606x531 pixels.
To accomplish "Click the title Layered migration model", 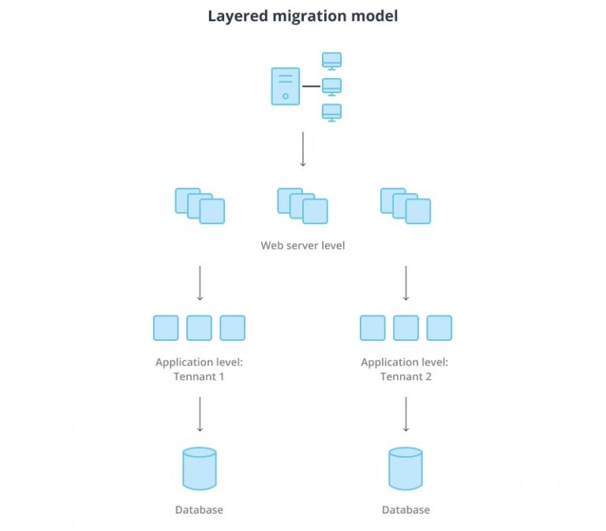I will click(x=303, y=16).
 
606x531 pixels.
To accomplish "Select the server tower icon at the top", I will click(x=285, y=86).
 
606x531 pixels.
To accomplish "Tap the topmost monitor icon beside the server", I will click(x=331, y=61).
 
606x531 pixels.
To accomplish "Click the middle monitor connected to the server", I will click(x=331, y=86).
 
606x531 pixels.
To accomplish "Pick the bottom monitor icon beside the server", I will click(x=331, y=112).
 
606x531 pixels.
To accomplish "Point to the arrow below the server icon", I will click(x=303, y=149).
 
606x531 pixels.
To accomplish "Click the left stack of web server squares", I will click(x=200, y=205).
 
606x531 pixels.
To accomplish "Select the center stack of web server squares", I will click(x=302, y=205).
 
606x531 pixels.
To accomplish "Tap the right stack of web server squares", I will click(x=406, y=205).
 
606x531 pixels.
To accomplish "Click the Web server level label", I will click(x=303, y=245).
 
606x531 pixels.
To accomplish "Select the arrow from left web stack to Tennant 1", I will click(x=200, y=282).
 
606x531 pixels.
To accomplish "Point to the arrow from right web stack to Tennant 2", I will click(x=406, y=282).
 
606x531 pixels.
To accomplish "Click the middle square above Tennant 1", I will click(x=199, y=327).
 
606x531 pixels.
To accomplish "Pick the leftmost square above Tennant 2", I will click(x=372, y=327).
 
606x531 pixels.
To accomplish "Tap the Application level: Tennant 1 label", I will click(x=199, y=369).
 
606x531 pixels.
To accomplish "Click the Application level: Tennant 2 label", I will click(x=405, y=369).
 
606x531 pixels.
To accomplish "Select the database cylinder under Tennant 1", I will click(x=199, y=469).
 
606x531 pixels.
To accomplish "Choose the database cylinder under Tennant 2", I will click(x=406, y=469).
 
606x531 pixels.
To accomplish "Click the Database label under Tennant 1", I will click(x=199, y=510).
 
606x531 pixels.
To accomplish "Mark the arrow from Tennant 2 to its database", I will click(x=406, y=414).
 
